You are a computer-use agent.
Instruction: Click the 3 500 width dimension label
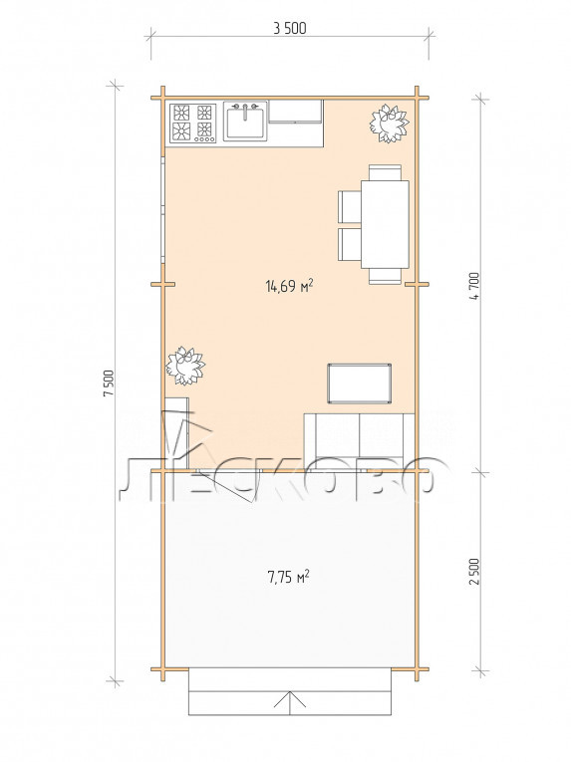[290, 29]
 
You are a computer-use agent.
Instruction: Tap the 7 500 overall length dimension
[108, 383]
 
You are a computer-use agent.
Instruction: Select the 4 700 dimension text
[474, 286]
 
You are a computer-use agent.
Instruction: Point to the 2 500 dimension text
[474, 572]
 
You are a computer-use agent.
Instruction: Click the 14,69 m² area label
[289, 285]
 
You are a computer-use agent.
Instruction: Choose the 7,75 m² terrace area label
[288, 577]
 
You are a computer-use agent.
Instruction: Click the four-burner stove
[192, 123]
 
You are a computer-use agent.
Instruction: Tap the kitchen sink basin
[245, 122]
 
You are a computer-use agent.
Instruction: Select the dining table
[385, 224]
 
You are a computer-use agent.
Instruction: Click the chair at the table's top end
[385, 172]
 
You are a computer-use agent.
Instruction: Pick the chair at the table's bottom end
[385, 276]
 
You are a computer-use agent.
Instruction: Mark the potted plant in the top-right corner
[389, 124]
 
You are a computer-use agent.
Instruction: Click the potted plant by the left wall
[184, 366]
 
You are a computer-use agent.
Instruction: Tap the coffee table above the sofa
[360, 382]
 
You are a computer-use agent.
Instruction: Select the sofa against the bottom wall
[359, 441]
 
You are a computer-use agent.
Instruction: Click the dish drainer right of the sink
[296, 112]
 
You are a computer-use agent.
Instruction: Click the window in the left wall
[163, 210]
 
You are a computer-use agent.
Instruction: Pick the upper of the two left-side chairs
[350, 206]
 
